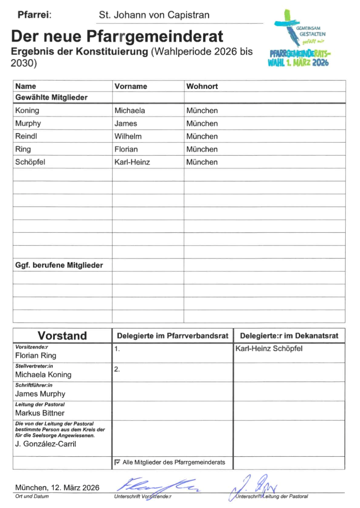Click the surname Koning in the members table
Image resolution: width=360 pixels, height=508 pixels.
tap(27, 110)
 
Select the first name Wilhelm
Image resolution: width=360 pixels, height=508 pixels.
tap(128, 136)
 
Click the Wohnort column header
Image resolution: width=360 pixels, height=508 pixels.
tap(202, 86)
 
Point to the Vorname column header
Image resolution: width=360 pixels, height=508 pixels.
tap(131, 86)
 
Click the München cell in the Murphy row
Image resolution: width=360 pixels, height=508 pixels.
tap(202, 124)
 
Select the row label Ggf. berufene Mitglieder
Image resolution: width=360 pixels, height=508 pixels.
tap(59, 265)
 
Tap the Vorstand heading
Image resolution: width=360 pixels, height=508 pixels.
tap(62, 336)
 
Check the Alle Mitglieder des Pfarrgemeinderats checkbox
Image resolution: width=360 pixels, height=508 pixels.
tap(117, 462)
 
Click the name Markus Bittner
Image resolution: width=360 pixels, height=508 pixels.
tap(40, 413)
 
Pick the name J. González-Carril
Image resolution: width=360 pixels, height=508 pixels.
tap(46, 444)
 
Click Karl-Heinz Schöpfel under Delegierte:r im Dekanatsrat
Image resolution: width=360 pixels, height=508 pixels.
tap(269, 348)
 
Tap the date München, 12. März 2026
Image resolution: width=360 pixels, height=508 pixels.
tap(57, 488)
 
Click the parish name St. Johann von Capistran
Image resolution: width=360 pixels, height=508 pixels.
tap(154, 16)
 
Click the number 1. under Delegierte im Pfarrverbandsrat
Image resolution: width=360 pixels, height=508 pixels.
tap(117, 349)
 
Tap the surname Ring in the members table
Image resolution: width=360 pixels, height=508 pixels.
tap(23, 149)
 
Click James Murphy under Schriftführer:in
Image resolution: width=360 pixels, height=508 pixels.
tap(40, 394)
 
